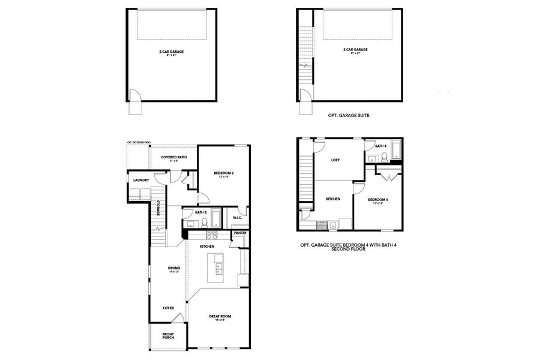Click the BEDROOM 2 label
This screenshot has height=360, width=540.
coord(224,173)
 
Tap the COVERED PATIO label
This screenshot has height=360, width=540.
coord(174,157)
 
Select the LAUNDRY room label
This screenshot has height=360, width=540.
coord(141,180)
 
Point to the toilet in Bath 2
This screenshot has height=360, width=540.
coord(204,223)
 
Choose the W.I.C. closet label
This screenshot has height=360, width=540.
coord(237,218)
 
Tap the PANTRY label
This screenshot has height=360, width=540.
coord(240,233)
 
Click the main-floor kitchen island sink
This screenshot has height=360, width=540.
coord(218,266)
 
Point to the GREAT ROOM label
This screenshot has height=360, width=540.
coord(220,316)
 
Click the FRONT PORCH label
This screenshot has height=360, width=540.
coord(168,335)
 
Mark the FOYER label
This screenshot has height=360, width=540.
coord(168,308)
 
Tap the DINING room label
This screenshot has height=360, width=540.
coord(174,268)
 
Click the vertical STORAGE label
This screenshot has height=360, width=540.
coord(158,208)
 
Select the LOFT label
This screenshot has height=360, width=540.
coord(335,160)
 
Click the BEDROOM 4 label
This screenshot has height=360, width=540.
coord(378,199)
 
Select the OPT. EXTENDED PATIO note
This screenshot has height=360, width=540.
coord(139,142)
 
